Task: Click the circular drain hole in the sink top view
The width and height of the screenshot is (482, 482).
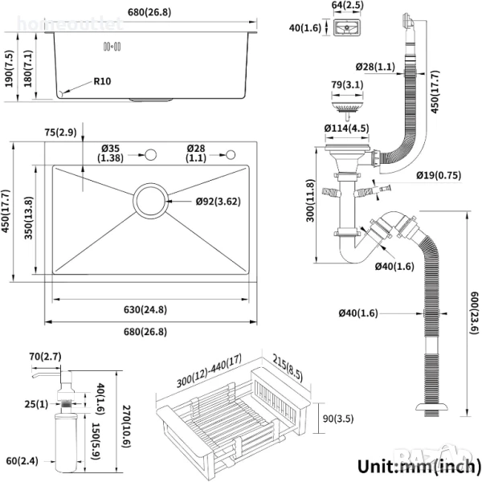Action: point(150,200)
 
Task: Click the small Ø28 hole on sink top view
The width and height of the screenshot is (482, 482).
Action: point(231,154)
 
